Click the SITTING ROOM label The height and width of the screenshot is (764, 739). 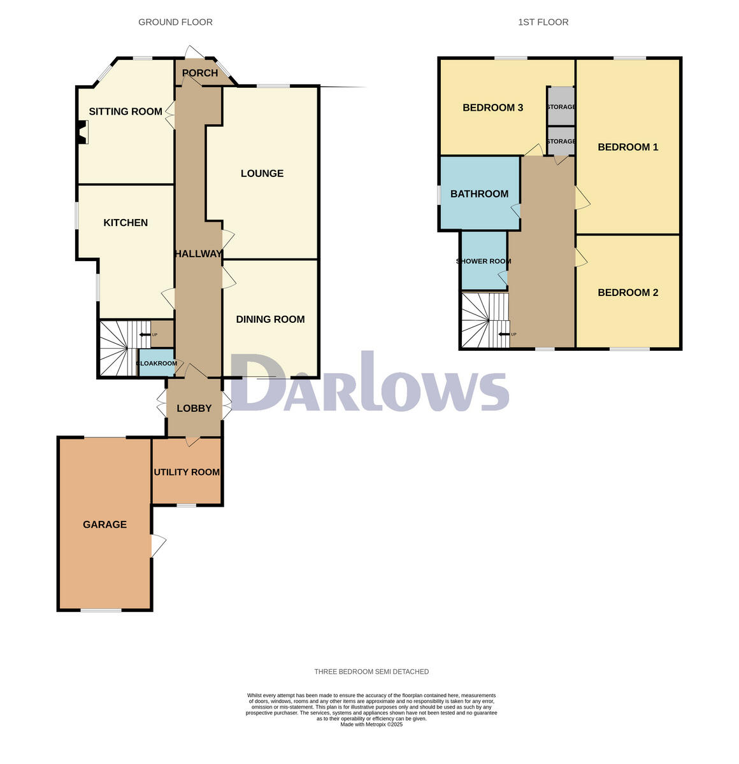pos(126,111)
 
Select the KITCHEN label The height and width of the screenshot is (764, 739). pos(126,222)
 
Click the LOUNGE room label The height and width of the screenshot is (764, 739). pos(262,173)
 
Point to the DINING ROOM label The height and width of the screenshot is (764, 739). pos(270,319)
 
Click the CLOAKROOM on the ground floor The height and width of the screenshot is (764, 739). pos(157,364)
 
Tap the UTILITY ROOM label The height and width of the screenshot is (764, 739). pos(187,472)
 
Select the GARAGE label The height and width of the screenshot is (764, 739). pos(104,524)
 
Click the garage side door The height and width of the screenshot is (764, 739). pos(158,546)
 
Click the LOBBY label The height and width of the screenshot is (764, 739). pos(194,408)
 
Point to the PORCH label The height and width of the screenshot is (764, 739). pos(200,73)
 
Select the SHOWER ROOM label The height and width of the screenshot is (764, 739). pos(484,261)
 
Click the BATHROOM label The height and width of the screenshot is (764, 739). pos(479,194)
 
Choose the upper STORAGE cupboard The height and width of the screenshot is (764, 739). pos(561,106)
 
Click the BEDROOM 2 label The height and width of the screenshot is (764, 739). pos(628,292)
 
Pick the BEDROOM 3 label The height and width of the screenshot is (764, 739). pos(492,108)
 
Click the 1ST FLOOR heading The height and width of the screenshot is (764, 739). pos(543,22)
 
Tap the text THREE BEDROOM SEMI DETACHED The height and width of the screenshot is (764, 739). pos(371,672)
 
